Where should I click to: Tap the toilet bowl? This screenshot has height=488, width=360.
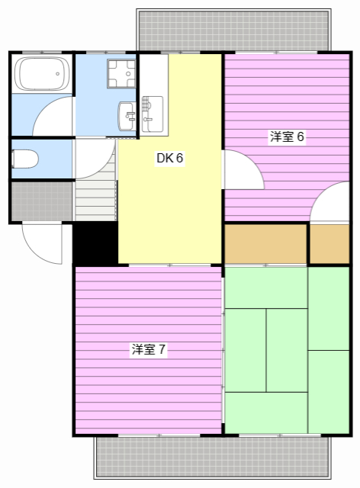[x=27, y=159]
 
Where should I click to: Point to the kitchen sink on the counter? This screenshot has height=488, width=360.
[x=150, y=112]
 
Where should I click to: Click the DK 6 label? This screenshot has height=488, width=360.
[x=170, y=159]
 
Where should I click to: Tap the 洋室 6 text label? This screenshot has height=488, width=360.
[x=287, y=137]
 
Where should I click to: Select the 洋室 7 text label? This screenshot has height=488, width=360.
[x=149, y=349]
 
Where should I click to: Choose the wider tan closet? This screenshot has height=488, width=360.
[x=265, y=243]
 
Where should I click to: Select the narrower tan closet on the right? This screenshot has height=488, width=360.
[x=329, y=243]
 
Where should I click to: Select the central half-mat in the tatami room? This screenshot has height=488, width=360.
[x=287, y=349]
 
